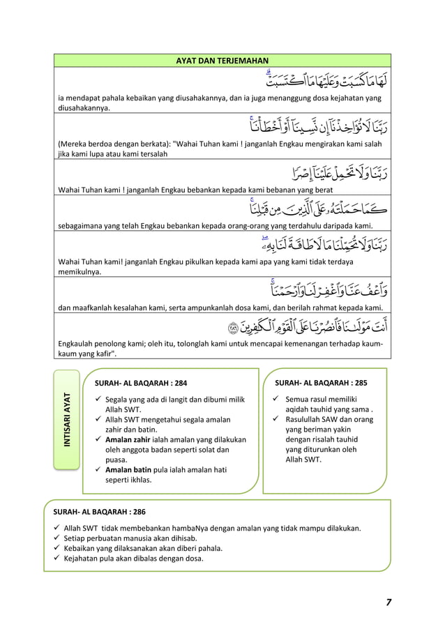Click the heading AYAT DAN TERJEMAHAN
(222, 61)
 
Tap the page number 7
(387, 602)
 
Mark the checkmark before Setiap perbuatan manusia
(57, 538)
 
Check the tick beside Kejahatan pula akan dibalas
(57, 558)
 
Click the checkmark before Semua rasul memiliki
(276, 400)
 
